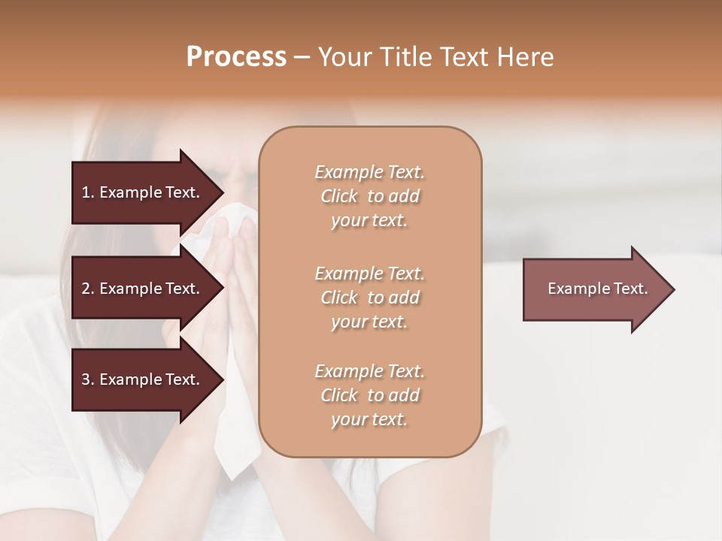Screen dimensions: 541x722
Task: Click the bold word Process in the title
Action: coord(236,57)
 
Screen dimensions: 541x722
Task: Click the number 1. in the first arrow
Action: coord(88,192)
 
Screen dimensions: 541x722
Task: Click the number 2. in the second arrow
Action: coord(88,289)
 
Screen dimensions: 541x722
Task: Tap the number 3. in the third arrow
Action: coord(88,379)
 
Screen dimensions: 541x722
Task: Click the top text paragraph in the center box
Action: coord(369,196)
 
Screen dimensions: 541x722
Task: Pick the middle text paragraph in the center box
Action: coord(369,298)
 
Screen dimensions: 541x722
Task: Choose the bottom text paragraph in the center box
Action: coord(369,395)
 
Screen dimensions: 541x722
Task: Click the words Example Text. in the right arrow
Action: coord(597,289)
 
